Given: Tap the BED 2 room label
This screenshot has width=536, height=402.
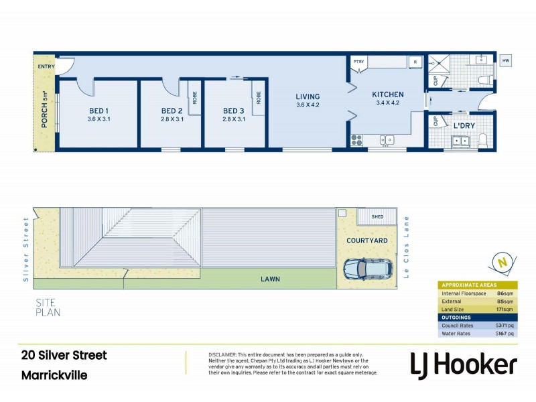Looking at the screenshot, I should point(172,111).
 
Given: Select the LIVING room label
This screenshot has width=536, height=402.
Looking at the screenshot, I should point(308,96).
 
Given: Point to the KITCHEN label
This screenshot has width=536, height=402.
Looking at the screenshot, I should point(388,94).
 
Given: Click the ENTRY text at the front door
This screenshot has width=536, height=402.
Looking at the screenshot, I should point(46,66).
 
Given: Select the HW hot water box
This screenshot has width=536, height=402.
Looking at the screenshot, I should point(506,61).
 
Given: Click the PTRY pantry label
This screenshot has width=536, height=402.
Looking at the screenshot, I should point(358,61).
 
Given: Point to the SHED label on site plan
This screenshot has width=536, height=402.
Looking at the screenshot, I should point(378,216).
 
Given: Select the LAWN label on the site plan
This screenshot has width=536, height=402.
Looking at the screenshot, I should point(271,279).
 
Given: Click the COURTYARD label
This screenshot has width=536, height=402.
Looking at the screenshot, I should point(366,240).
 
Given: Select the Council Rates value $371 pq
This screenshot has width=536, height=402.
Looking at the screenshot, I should point(504,325).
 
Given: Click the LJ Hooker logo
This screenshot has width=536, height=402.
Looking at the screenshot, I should point(463,364).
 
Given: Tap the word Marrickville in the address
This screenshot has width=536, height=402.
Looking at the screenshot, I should point(54,375).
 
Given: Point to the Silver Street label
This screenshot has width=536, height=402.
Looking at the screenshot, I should point(27,249).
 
